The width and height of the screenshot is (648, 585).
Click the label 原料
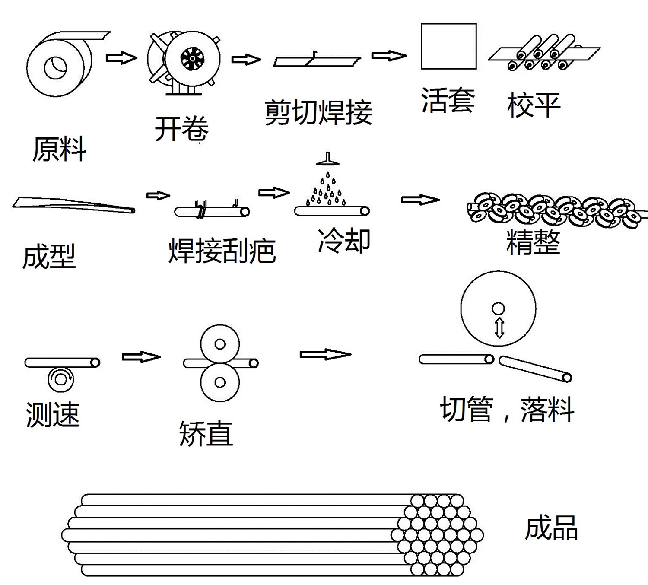click(x=59, y=149)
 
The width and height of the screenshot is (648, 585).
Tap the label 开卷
click(x=181, y=129)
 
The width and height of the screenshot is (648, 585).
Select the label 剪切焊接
click(x=318, y=112)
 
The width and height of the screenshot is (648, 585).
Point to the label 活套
click(x=448, y=101)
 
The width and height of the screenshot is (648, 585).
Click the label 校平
click(x=534, y=105)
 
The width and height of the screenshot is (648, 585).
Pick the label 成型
click(x=49, y=256)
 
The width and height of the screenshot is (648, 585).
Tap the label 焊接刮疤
click(x=222, y=251)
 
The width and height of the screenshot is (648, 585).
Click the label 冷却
click(x=344, y=240)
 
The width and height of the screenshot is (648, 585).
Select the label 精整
click(x=533, y=242)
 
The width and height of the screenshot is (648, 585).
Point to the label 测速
click(x=53, y=415)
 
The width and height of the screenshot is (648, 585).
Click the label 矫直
click(x=206, y=434)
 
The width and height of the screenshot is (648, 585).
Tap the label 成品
click(x=551, y=528)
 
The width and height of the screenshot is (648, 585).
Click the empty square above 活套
click(x=449, y=46)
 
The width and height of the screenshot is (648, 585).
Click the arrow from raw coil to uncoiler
click(x=121, y=57)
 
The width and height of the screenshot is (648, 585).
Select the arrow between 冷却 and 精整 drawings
click(x=420, y=200)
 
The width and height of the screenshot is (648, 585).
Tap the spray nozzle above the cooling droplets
click(x=328, y=159)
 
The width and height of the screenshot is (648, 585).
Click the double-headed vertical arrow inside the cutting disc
click(x=499, y=327)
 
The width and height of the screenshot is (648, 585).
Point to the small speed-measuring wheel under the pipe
click(x=60, y=379)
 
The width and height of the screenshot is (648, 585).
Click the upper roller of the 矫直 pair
click(x=220, y=344)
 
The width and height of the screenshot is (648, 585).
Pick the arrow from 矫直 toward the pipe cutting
click(x=325, y=354)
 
